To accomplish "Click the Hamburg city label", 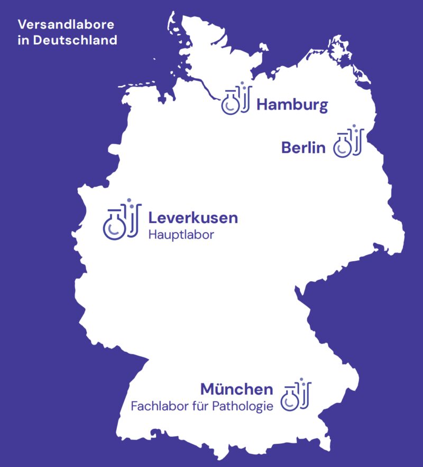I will (x=292, y=105).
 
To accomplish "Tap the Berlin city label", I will (x=303, y=148).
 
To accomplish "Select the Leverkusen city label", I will (x=193, y=217).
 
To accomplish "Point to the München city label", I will (x=236, y=390).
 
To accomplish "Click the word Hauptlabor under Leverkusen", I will (x=181, y=235).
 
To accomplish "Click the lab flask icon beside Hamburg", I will (x=236, y=99).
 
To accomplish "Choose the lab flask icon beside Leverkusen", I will (x=122, y=219).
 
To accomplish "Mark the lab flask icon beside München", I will (x=296, y=395).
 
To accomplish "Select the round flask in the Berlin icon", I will (x=343, y=146).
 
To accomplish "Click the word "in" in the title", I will (x=23, y=40).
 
